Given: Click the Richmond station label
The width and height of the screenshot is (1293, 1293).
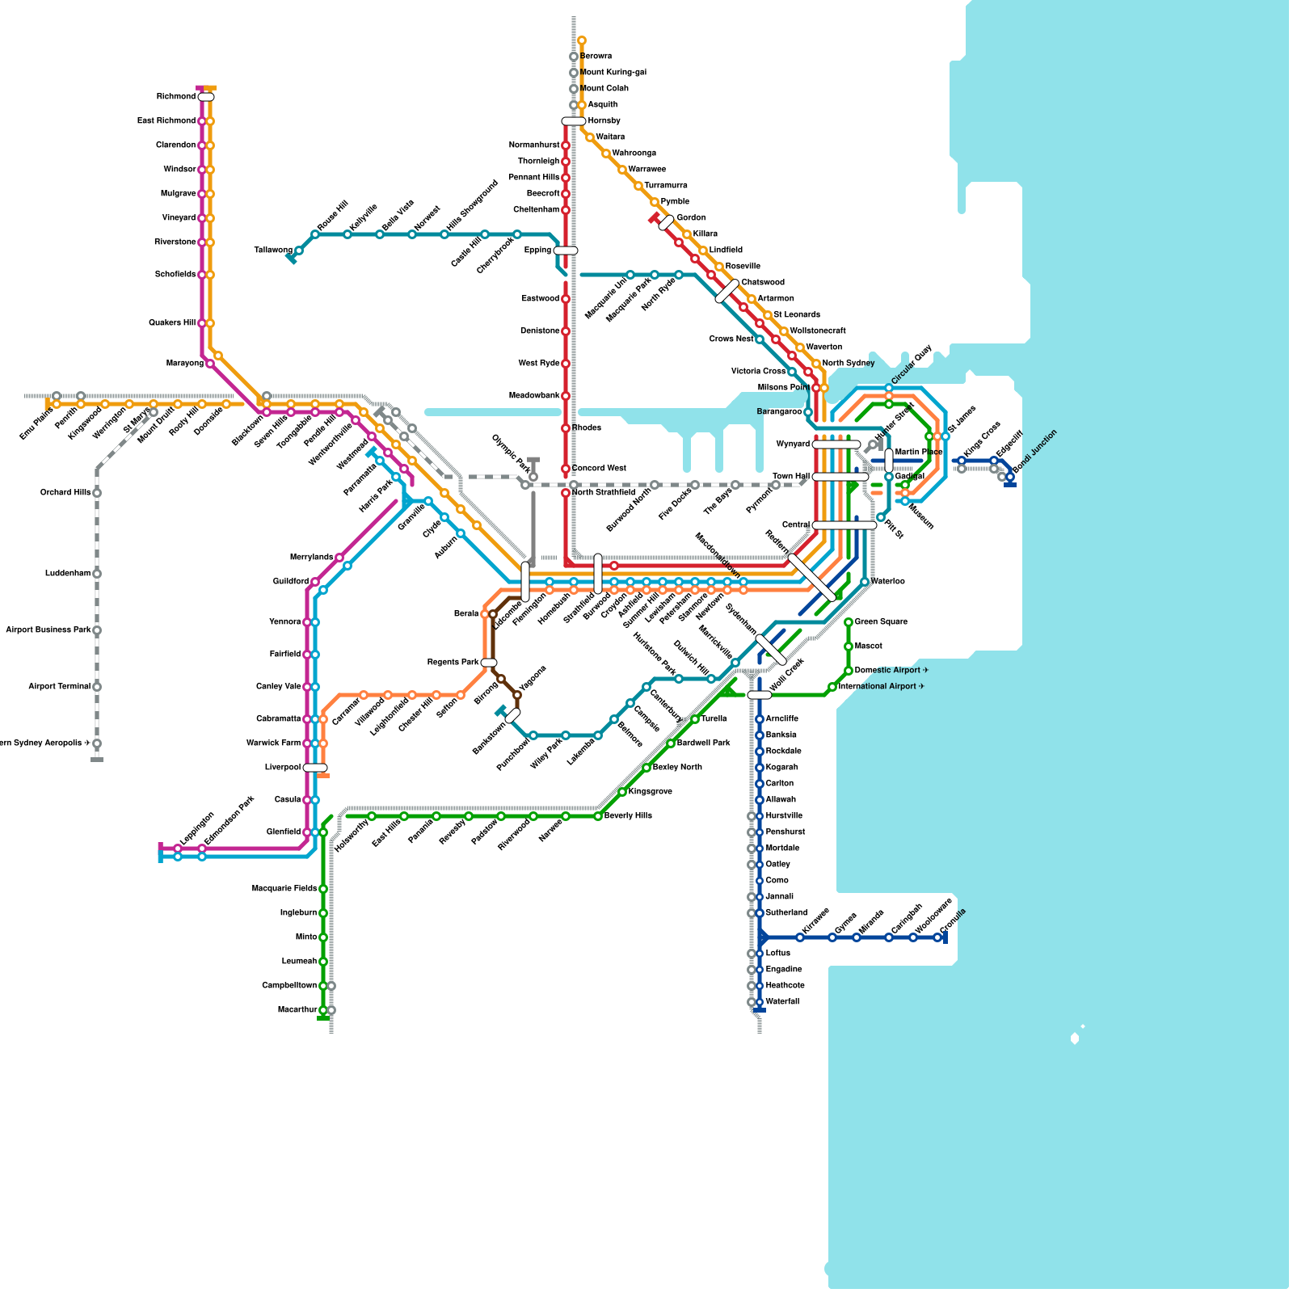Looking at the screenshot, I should (175, 97).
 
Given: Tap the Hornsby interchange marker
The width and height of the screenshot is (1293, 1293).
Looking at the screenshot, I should (574, 121).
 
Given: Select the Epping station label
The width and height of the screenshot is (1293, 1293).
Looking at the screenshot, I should (537, 251).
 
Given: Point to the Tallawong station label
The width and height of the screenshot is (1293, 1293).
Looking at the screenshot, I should (273, 251).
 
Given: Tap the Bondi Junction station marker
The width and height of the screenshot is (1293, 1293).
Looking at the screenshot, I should (1010, 477).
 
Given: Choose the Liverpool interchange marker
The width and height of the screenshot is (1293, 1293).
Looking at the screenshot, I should (315, 768).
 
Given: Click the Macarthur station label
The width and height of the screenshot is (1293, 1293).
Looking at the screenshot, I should (297, 1010).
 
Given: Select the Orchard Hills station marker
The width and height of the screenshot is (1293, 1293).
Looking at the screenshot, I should (97, 493).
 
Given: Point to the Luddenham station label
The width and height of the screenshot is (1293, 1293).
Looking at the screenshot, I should (68, 574).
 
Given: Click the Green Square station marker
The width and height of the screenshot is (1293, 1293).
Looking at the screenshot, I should (849, 622).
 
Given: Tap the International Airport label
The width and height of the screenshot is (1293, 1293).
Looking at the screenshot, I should (881, 687).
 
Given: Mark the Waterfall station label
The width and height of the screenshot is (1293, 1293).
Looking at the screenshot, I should (782, 1002).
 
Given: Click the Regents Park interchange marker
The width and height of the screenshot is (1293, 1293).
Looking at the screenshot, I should (489, 663).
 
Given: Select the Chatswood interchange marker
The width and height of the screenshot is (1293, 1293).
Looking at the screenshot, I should (727, 291).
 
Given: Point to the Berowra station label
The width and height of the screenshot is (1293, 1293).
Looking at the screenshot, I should (596, 57).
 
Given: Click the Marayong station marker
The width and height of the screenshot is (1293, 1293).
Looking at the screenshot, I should (210, 364).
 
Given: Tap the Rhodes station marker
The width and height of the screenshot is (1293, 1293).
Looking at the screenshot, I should (566, 428).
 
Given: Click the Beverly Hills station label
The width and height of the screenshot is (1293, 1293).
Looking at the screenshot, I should (628, 816).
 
